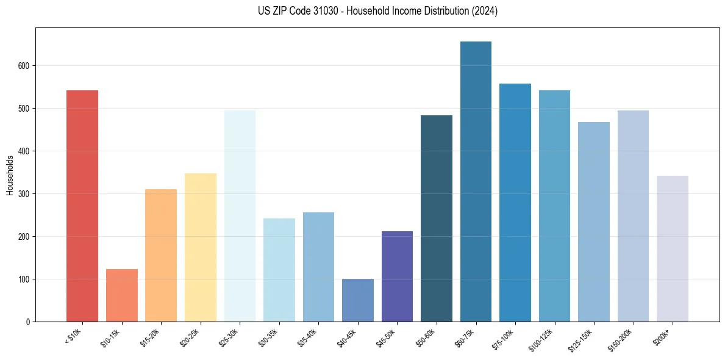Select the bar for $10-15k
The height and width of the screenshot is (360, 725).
point(122,295)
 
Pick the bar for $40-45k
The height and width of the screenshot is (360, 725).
point(358,300)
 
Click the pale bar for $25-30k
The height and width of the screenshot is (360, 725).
point(240,216)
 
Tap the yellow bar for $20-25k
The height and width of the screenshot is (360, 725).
point(201,247)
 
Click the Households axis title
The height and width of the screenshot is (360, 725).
point(10,175)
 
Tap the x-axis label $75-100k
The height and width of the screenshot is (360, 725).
point(504,337)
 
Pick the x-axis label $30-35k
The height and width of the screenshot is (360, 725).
point(268,337)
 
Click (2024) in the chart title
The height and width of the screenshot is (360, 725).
point(485,11)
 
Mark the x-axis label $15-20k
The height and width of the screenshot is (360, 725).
point(150,337)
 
